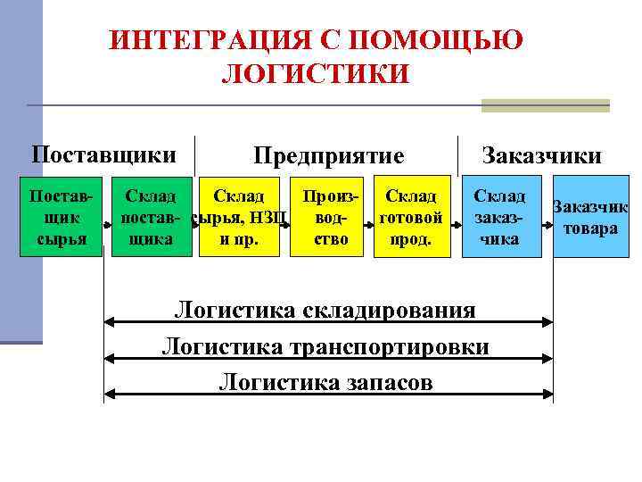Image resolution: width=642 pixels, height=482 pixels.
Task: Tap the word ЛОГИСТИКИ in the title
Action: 314,73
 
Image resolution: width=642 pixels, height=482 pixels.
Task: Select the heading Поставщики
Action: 103,154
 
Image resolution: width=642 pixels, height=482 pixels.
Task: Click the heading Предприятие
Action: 328,156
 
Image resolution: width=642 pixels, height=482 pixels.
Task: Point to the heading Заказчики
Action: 541,156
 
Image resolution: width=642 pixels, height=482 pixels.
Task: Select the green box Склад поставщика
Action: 152,218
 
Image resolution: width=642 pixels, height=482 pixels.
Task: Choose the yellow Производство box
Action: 330,218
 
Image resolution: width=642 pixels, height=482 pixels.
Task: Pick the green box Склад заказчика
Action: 499,218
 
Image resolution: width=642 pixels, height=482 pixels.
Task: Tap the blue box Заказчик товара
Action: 590,218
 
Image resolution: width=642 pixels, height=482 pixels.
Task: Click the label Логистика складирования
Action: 325,310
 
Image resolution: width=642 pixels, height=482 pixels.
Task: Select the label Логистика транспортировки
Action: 325,346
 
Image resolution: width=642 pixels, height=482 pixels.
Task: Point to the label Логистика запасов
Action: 325,382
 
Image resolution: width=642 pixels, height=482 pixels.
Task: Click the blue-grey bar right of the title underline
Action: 545,105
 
